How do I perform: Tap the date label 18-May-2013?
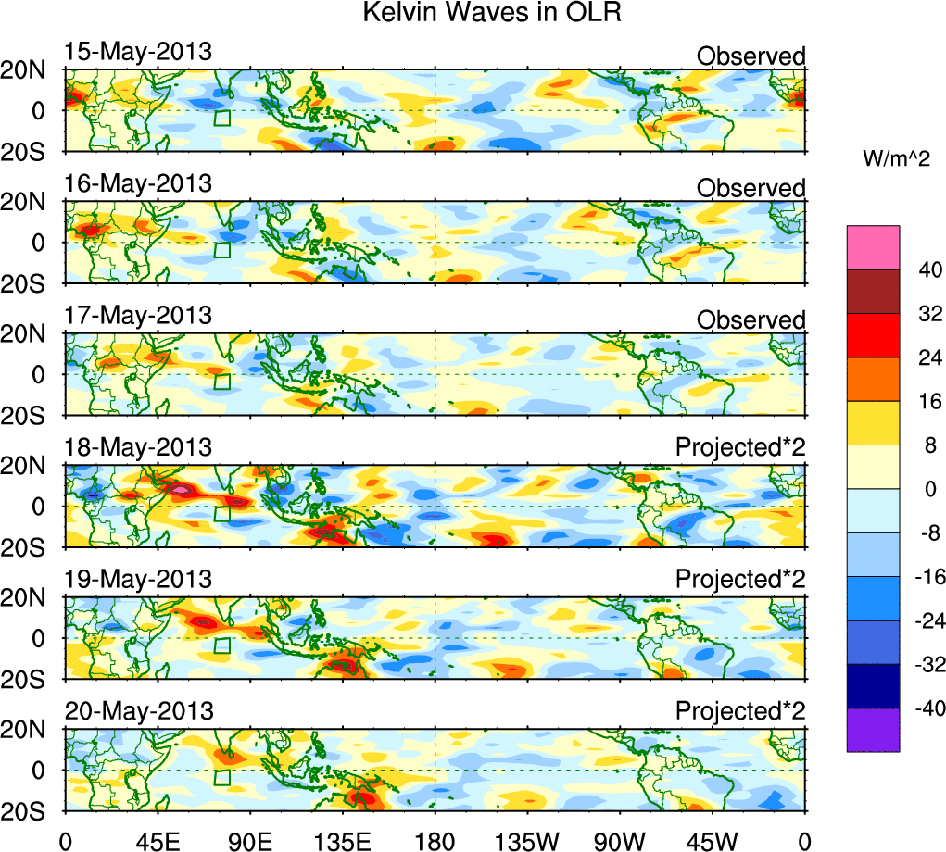click(138, 448)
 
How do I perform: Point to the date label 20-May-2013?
click(139, 712)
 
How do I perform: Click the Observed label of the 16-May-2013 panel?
click(750, 188)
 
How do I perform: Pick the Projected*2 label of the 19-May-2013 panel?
click(739, 580)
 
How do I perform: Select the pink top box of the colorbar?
click(873, 246)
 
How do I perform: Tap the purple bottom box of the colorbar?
click(873, 730)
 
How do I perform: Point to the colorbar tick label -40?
click(922, 708)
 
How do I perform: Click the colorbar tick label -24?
click(922, 620)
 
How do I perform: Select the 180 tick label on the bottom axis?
click(435, 840)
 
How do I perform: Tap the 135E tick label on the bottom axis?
click(342, 840)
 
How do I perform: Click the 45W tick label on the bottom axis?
click(712, 840)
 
